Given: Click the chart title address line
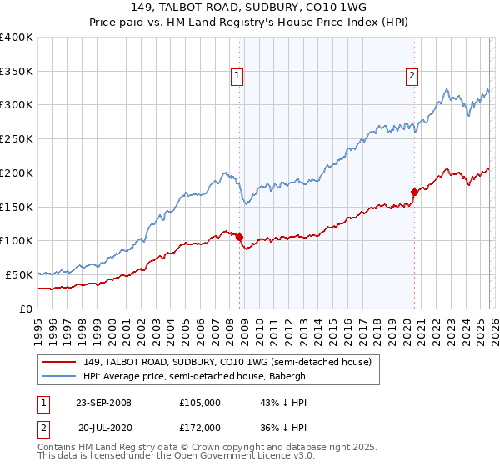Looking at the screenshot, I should click(249, 8).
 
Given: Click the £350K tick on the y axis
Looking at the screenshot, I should click(17, 72).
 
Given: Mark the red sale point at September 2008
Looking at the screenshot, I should click(239, 237).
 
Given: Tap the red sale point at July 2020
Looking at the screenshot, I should click(413, 192).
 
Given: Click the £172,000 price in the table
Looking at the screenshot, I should click(200, 427).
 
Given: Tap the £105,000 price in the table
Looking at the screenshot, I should click(200, 403).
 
